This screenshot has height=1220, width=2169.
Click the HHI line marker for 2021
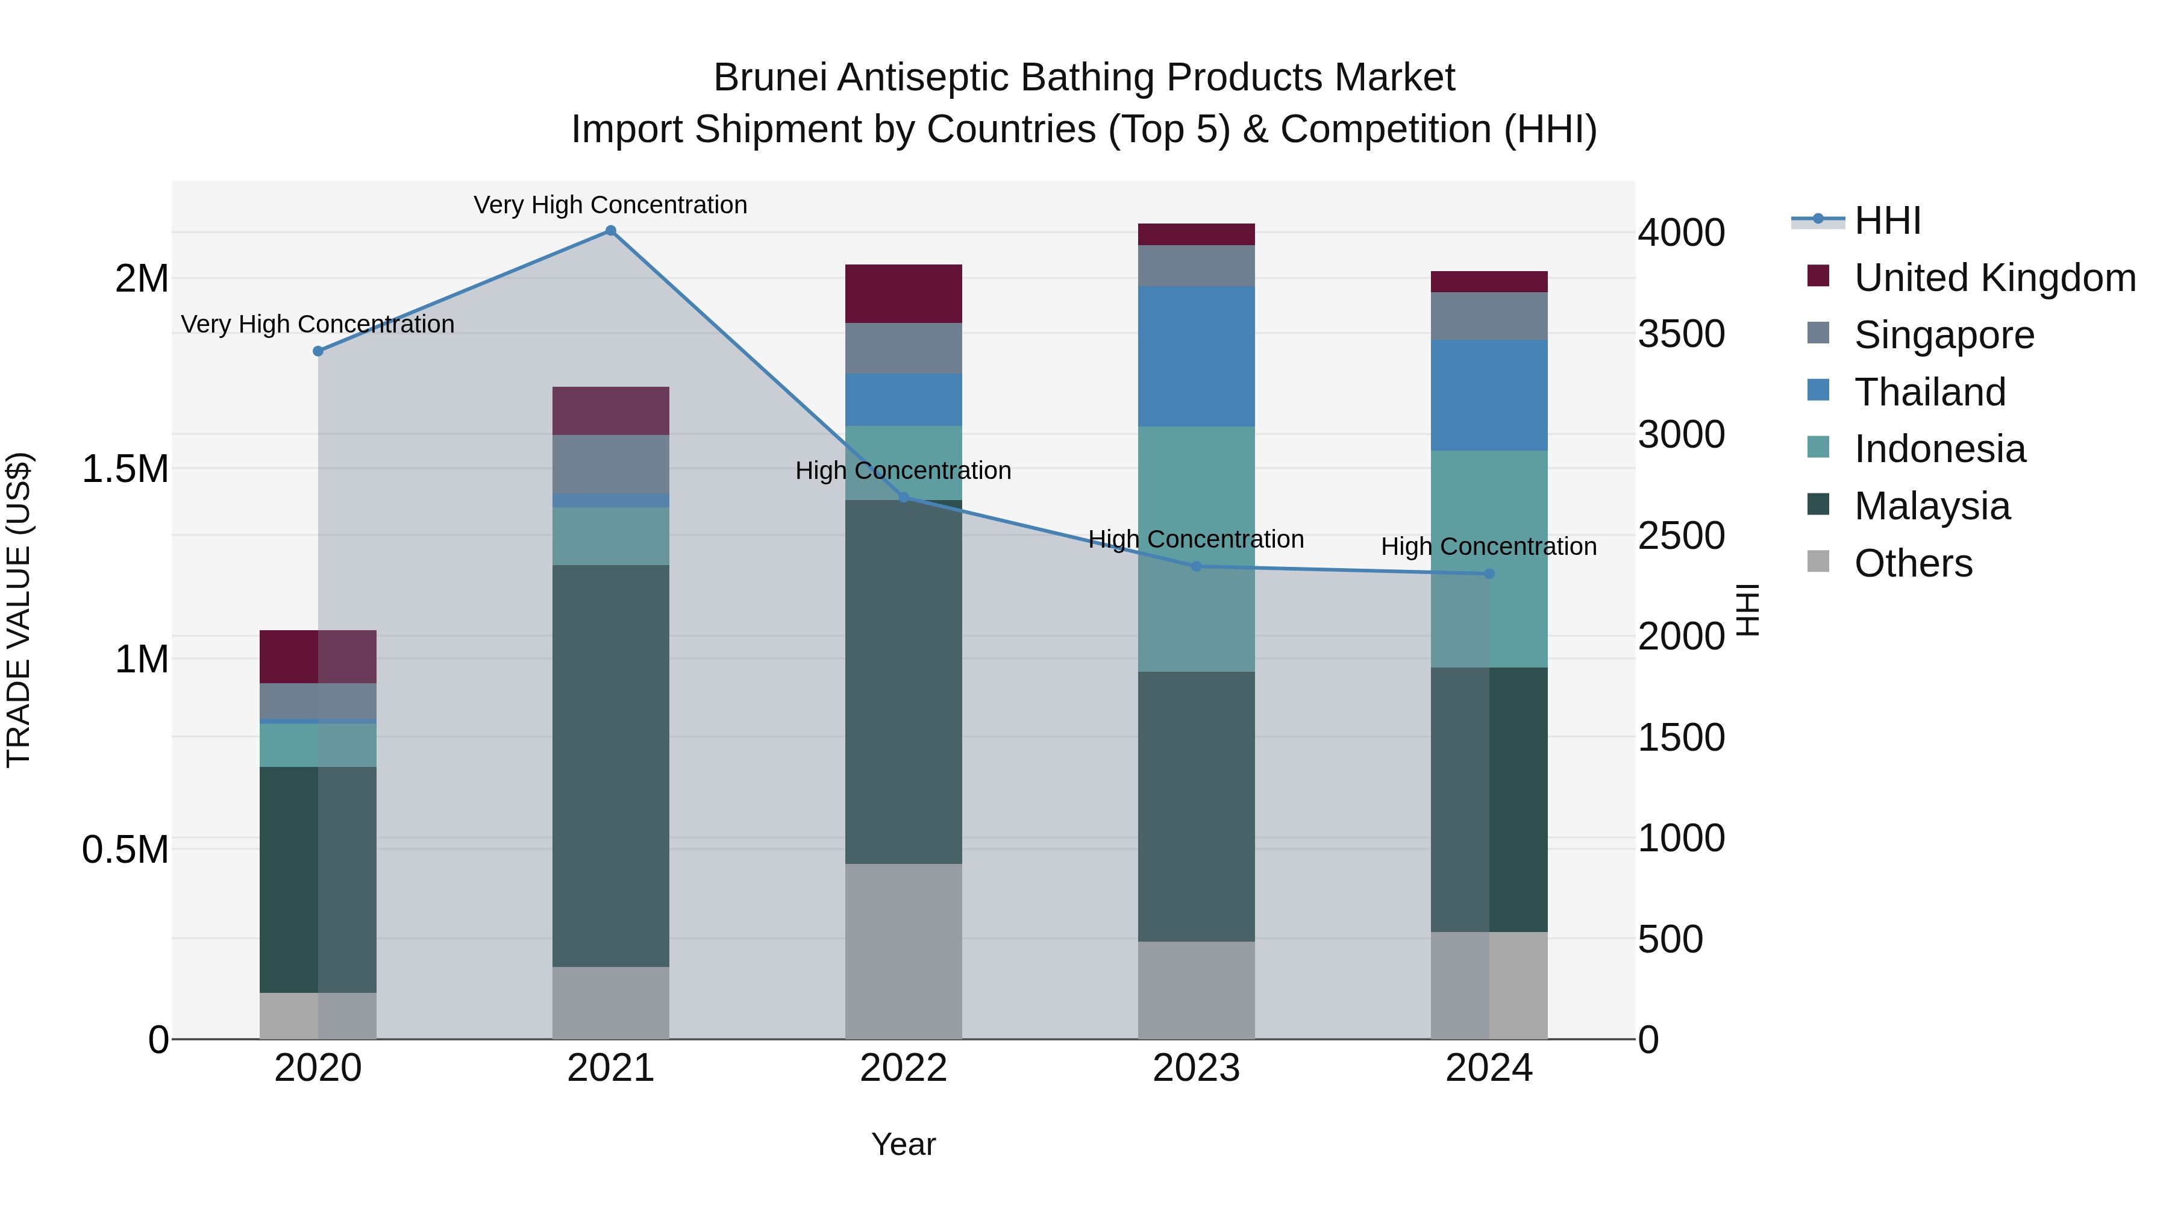610,231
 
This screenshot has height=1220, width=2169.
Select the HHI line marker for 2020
318,351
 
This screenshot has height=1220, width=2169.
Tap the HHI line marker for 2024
1489,574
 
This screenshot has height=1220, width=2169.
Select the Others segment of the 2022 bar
904,951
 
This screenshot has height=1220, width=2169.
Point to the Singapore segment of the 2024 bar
1489,316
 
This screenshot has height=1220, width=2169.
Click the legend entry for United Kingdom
1994,278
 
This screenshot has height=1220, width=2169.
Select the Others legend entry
1912,563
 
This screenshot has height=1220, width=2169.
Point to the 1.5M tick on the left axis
125,469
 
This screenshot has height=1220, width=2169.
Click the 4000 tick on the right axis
1680,233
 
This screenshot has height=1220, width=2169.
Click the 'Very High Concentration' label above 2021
610,205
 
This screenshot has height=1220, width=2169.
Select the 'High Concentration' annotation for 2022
904,471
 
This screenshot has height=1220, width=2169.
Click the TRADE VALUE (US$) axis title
19,610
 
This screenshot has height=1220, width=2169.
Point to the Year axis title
904,1144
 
